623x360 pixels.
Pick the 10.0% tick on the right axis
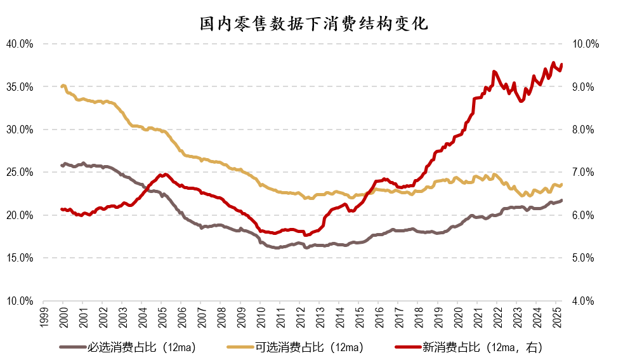[586, 44]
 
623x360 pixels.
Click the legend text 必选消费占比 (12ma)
[141, 347]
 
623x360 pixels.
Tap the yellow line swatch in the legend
[240, 347]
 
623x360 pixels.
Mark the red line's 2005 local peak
[164, 174]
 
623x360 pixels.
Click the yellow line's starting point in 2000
[62, 86]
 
